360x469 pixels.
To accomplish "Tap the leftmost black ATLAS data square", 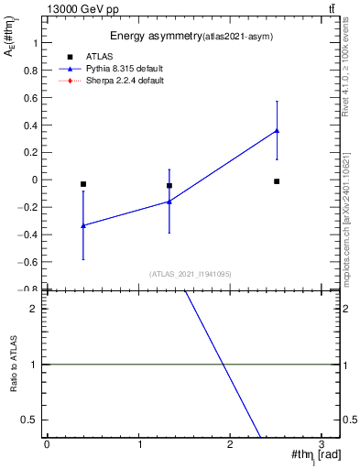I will (x=83, y=184).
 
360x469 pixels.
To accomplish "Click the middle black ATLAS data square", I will (x=169, y=186).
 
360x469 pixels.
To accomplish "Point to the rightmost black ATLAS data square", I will (x=277, y=181).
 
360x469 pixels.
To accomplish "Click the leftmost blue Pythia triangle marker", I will (x=83, y=225).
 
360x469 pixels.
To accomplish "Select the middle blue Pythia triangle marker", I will (x=169, y=202).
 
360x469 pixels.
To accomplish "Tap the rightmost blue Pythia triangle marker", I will (x=277, y=130).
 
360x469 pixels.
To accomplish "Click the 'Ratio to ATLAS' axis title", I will (x=14, y=365).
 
